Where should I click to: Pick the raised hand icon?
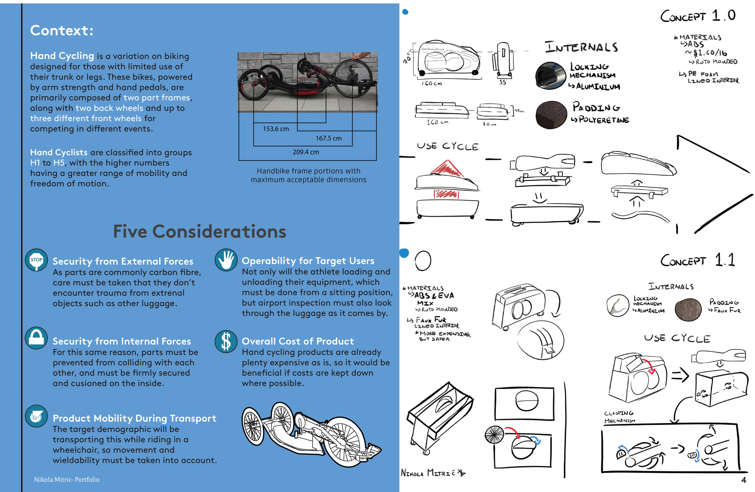[x=226, y=260]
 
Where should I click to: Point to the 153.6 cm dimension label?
[x=276, y=129]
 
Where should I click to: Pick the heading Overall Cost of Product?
[x=298, y=341]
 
